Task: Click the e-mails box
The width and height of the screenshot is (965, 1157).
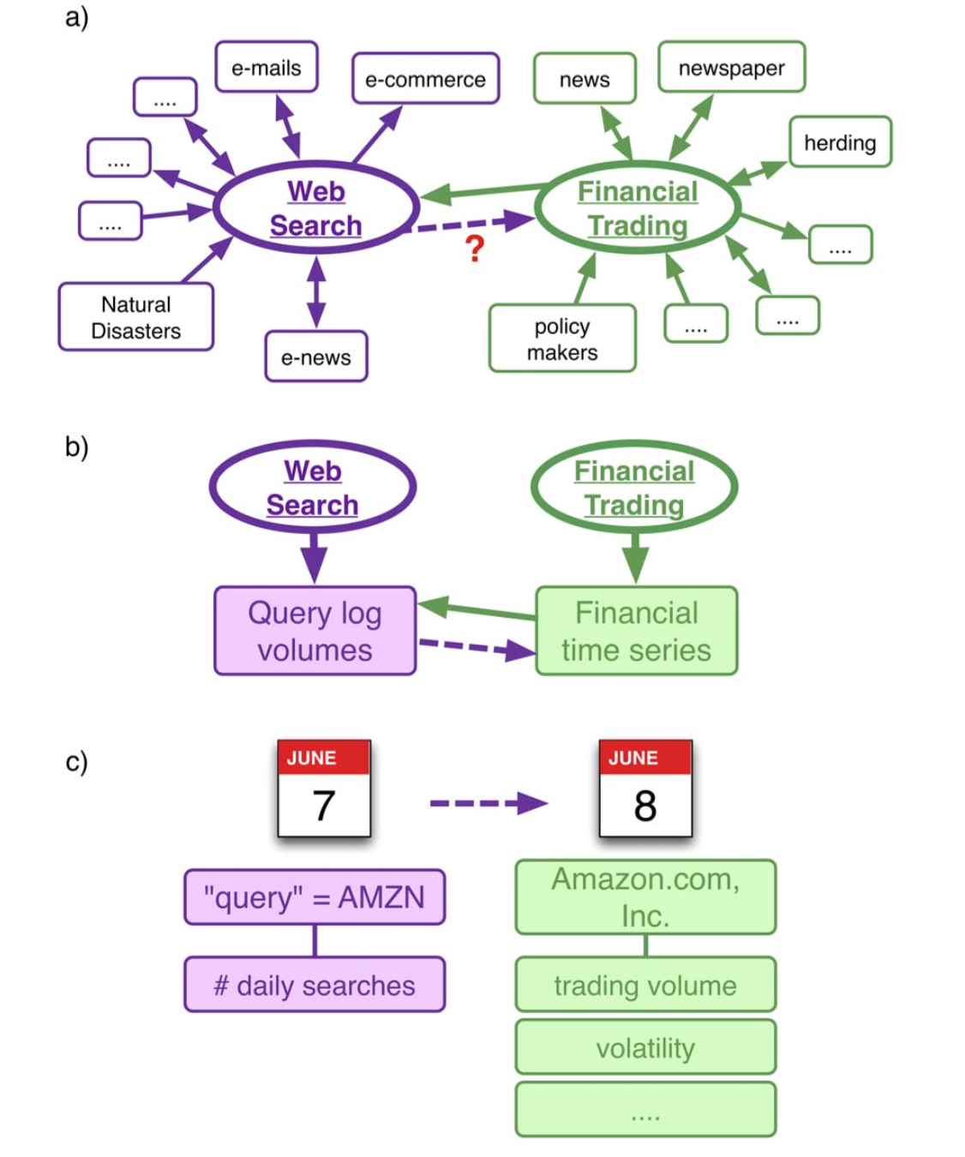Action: pos(267,68)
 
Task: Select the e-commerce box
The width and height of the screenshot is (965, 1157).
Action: pos(425,80)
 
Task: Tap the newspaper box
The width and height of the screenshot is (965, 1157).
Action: pos(731,68)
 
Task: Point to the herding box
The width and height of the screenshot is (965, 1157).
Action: pos(840,142)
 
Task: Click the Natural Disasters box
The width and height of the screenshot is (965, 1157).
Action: pos(135,317)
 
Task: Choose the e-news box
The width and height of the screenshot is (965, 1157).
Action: pos(316,357)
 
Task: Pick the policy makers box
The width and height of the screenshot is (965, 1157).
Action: pos(562,339)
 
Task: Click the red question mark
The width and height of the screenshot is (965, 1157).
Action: pos(475,249)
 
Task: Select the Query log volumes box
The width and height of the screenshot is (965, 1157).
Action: pos(315,631)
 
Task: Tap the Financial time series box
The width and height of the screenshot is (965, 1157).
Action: pos(636,631)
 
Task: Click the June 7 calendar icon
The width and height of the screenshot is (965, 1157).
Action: pos(324,788)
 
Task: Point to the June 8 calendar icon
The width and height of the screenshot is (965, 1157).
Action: pos(645,788)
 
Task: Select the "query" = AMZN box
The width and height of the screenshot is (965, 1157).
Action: pos(315,897)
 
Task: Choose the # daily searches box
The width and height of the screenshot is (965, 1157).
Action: pos(315,985)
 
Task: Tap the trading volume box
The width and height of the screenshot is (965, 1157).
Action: pos(645,985)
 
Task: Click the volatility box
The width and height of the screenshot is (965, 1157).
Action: pos(645,1047)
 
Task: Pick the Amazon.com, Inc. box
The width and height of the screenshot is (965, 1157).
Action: pos(645,896)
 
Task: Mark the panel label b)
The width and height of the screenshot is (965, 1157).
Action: pos(77,447)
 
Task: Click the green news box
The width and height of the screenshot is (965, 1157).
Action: pos(584,79)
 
